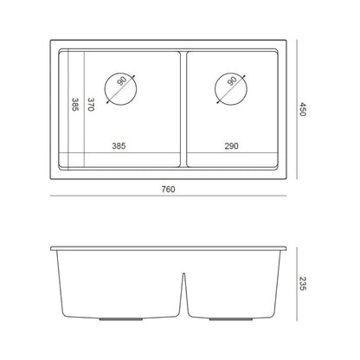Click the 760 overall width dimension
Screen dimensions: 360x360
(168, 190)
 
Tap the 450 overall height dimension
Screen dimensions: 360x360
(302, 109)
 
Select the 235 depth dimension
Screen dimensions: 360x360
(303, 284)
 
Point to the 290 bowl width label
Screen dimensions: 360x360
(231, 146)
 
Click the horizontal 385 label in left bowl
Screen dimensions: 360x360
(119, 146)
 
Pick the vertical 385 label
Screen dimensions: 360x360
(75, 105)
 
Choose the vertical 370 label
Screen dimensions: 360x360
(91, 105)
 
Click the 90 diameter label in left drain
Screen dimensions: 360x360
(122, 81)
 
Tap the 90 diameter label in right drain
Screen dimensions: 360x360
(233, 81)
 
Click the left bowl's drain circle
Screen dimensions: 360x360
(105, 89)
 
